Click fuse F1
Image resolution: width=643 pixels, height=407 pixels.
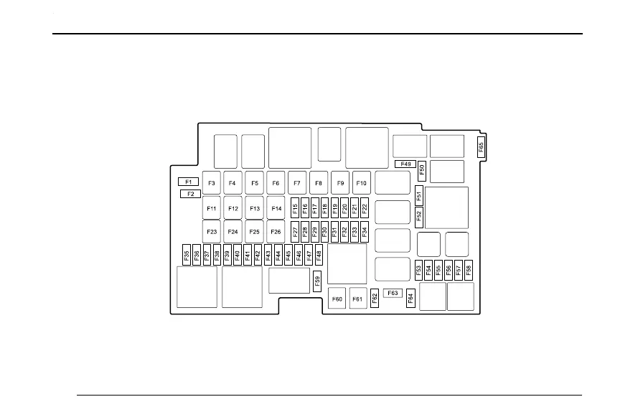[188, 182]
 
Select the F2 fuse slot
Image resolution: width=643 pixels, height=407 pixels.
[190, 193]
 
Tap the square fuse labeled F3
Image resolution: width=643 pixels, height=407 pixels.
[212, 183]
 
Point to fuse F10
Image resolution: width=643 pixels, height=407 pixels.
[362, 183]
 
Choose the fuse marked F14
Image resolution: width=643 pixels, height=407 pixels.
[276, 208]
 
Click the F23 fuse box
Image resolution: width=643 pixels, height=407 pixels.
[212, 232]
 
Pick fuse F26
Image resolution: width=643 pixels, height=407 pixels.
[276, 232]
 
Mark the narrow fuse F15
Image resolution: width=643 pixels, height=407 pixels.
[295, 208]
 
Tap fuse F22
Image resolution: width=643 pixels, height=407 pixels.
[365, 208]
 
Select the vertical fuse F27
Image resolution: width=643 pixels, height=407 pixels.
[295, 233]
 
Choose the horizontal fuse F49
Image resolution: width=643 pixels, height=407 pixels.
[405, 164]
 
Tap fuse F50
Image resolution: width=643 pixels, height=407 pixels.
[422, 170]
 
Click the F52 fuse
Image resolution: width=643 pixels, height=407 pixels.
[419, 215]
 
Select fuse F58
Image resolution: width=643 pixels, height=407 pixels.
[469, 271]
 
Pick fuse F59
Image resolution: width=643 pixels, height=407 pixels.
[317, 281]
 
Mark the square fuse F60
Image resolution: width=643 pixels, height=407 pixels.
[337, 299]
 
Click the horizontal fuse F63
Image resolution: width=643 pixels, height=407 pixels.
[392, 293]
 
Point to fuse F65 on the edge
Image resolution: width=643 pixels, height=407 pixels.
[481, 147]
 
